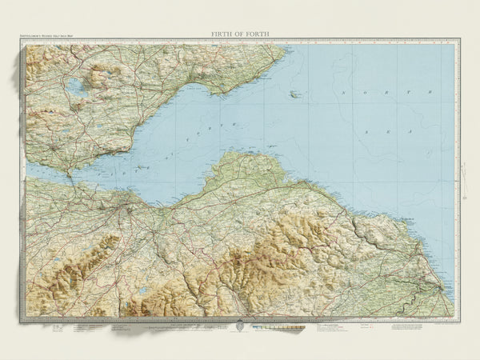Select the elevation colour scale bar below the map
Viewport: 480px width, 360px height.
(279, 328)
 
